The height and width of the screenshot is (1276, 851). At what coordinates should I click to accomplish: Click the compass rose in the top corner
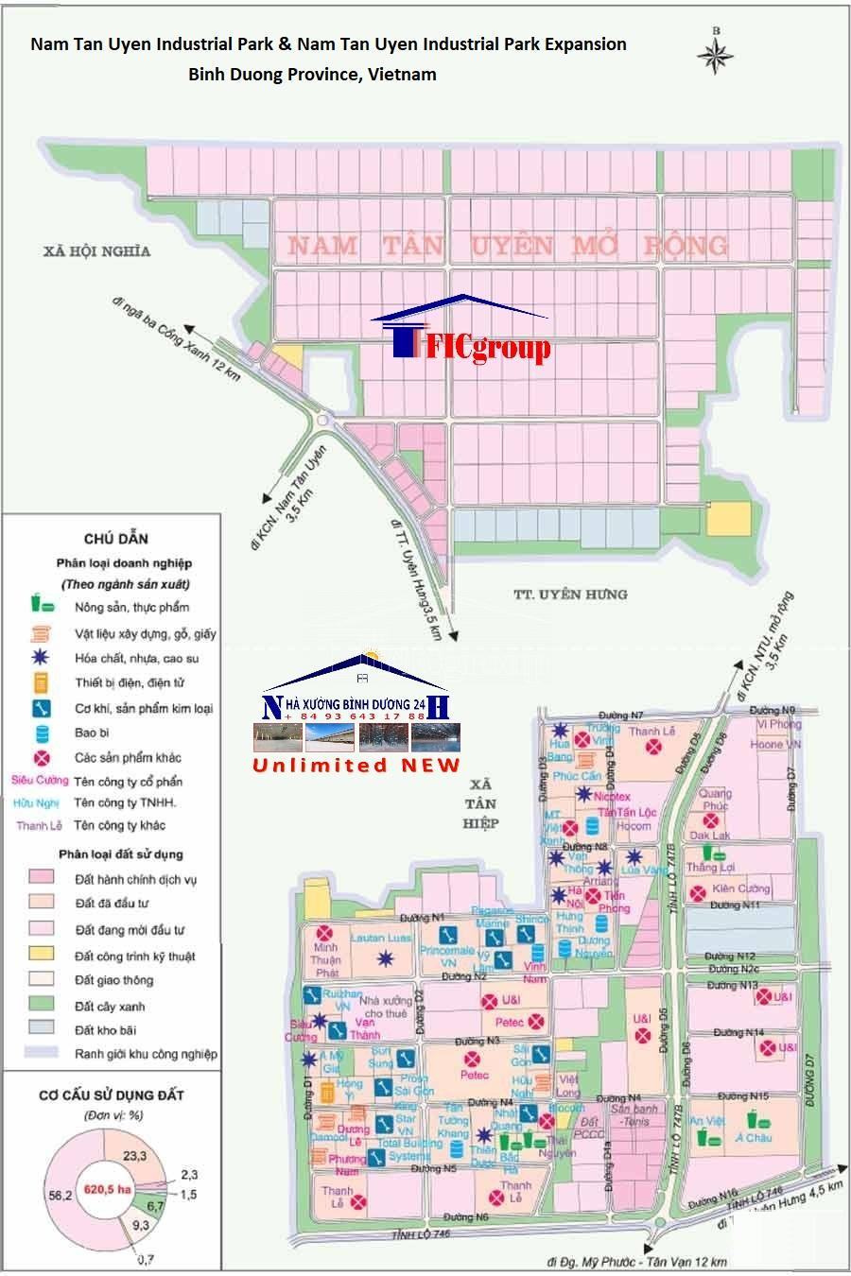[715, 52]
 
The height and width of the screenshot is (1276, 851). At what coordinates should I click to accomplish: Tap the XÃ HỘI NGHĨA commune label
[96, 250]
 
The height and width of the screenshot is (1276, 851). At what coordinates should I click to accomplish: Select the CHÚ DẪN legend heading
[116, 539]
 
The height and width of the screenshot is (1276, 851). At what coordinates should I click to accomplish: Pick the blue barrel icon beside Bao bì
[41, 733]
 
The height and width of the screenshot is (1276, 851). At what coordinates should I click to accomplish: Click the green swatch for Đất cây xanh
[41, 1006]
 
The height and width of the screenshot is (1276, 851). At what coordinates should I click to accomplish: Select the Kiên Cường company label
[742, 888]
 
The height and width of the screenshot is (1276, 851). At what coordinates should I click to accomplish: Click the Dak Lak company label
[710, 836]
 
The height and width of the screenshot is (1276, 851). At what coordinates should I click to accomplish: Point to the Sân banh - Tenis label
[634, 1115]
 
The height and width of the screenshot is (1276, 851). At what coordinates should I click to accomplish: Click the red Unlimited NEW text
[356, 766]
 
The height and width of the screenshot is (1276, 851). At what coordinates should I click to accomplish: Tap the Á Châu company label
[754, 1138]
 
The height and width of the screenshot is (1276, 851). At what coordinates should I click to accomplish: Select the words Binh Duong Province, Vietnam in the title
[312, 74]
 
